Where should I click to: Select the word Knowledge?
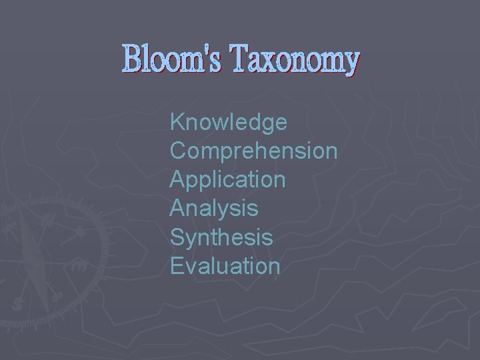click(229, 123)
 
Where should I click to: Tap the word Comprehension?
click(253, 151)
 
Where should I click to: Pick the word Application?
click(228, 180)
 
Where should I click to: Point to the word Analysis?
click(214, 209)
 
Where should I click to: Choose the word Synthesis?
click(221, 237)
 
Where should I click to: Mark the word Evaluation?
click(225, 266)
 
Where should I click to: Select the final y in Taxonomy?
click(349, 63)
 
